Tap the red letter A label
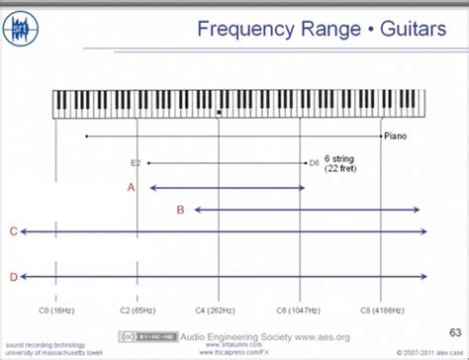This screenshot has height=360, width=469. click(x=131, y=186)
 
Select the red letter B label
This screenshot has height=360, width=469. click(x=180, y=210)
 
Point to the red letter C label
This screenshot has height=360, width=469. click(x=13, y=231)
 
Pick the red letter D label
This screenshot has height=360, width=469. click(x=13, y=277)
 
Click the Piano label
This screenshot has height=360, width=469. click(x=396, y=137)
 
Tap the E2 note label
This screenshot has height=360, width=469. click(x=137, y=161)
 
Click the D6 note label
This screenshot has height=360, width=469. click(x=314, y=161)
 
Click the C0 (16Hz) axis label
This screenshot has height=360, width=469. click(x=55, y=309)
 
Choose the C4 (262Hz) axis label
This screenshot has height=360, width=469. click(x=220, y=309)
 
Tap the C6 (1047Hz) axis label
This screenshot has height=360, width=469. click(x=300, y=309)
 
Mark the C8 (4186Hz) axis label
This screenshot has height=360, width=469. click(x=381, y=309)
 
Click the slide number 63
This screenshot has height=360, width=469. click(x=454, y=331)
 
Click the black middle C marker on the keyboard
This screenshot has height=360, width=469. click(x=219, y=113)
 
